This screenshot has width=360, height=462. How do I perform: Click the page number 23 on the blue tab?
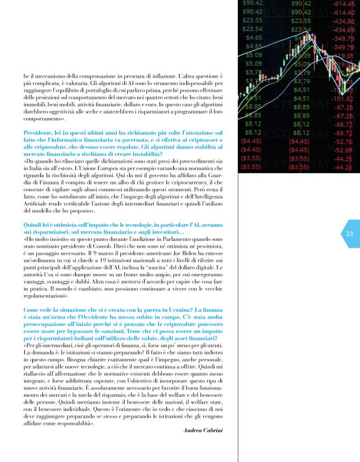point(349,234)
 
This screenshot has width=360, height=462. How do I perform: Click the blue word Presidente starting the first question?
point(38,134)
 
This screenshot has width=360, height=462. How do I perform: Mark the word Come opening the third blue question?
point(32,309)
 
